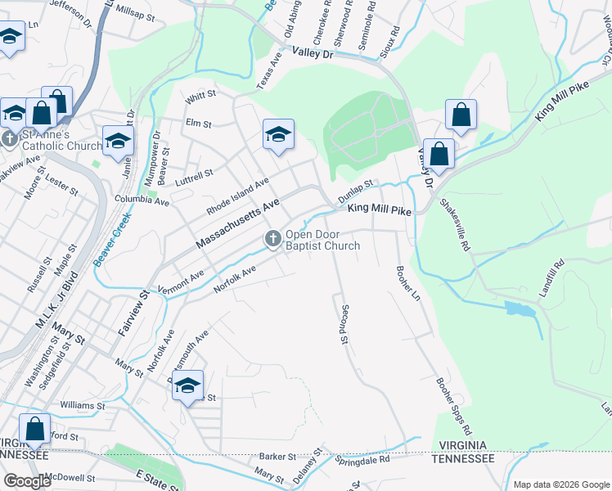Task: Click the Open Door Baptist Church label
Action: (x=322, y=240)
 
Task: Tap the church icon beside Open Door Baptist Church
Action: (x=272, y=238)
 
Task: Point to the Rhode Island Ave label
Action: (x=238, y=195)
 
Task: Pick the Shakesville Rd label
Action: (x=454, y=224)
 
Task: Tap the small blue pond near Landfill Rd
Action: (x=517, y=309)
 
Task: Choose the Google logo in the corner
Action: (x=28, y=481)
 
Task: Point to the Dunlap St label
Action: (x=356, y=190)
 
